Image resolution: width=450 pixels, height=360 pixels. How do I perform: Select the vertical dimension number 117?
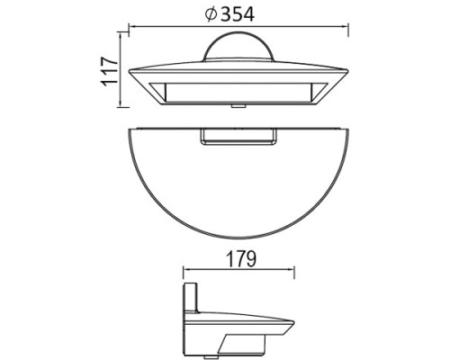click(111, 70)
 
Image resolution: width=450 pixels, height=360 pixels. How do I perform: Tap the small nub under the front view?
click(239, 104)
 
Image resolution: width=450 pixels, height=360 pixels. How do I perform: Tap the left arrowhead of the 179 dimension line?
click(186, 269)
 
